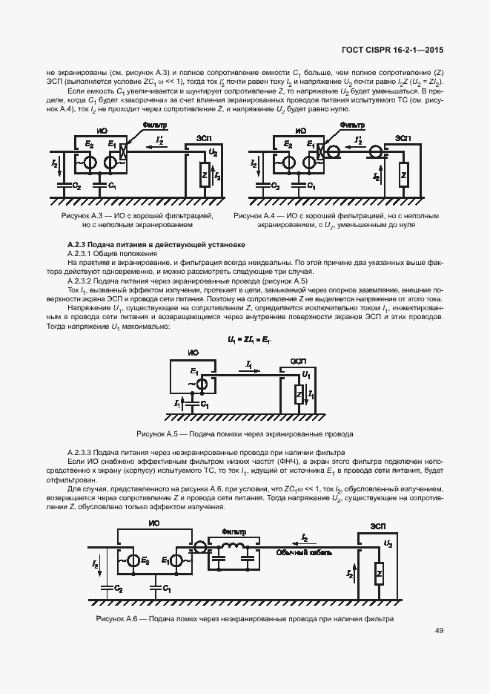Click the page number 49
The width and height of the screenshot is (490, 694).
440,631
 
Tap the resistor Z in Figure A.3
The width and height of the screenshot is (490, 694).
203,175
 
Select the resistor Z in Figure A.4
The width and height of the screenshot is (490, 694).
403,176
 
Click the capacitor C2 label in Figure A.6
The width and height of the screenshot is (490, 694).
119,587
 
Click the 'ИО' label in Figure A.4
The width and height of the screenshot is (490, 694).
300,131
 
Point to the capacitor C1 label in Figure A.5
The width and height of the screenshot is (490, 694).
205,405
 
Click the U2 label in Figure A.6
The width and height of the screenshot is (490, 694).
388,543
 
